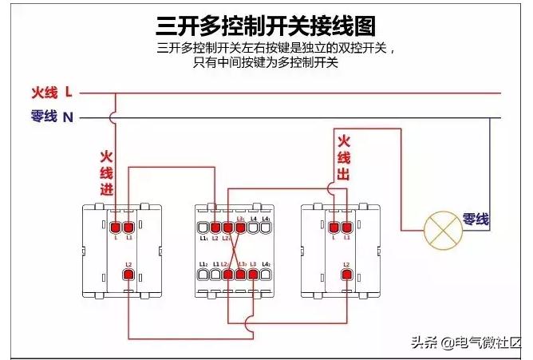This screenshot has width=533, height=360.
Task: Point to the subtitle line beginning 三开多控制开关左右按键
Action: [x=276, y=48]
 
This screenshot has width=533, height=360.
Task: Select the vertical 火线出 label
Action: [x=344, y=157]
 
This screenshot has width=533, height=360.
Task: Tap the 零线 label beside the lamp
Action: [x=476, y=220]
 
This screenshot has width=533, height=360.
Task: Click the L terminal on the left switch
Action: [x=116, y=227]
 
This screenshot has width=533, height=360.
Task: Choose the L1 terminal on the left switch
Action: [x=128, y=227]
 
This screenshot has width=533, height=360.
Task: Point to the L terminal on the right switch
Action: [x=334, y=227]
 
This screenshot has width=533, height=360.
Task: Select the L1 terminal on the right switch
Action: [x=346, y=227]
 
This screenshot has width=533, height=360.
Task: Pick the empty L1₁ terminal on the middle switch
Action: [x=203, y=227]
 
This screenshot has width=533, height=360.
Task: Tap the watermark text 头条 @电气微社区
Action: [x=465, y=344]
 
